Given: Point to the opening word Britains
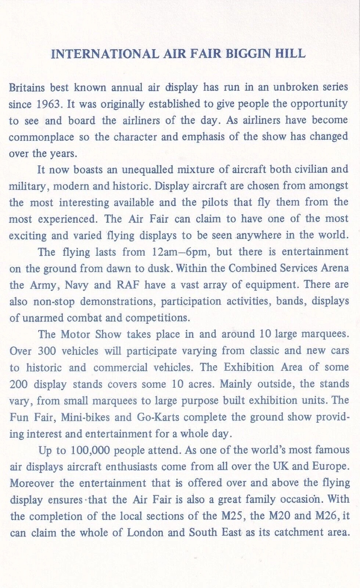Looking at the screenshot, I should [27, 87].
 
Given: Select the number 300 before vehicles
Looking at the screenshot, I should [47, 351].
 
